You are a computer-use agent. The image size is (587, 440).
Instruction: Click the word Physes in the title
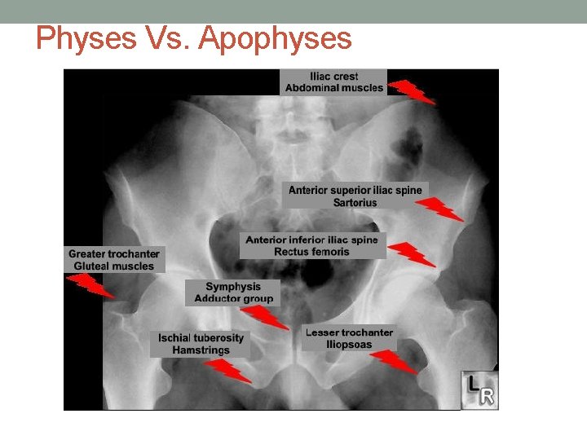[x=80, y=38]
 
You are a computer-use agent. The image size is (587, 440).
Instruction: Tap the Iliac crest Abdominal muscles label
[x=333, y=82]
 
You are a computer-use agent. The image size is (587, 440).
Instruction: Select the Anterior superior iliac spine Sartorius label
[x=355, y=196]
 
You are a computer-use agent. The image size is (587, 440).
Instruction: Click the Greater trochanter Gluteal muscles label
[x=114, y=259]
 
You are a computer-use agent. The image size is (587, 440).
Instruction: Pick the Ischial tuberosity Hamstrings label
[x=201, y=344]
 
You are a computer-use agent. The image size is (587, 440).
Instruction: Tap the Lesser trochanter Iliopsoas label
[x=349, y=338]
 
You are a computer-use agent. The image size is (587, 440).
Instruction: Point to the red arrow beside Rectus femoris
[x=412, y=254]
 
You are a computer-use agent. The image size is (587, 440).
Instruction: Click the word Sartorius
[x=355, y=202]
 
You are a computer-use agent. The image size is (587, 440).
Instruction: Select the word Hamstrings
[x=201, y=350]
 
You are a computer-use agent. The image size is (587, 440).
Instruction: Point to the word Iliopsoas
[x=349, y=345]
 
